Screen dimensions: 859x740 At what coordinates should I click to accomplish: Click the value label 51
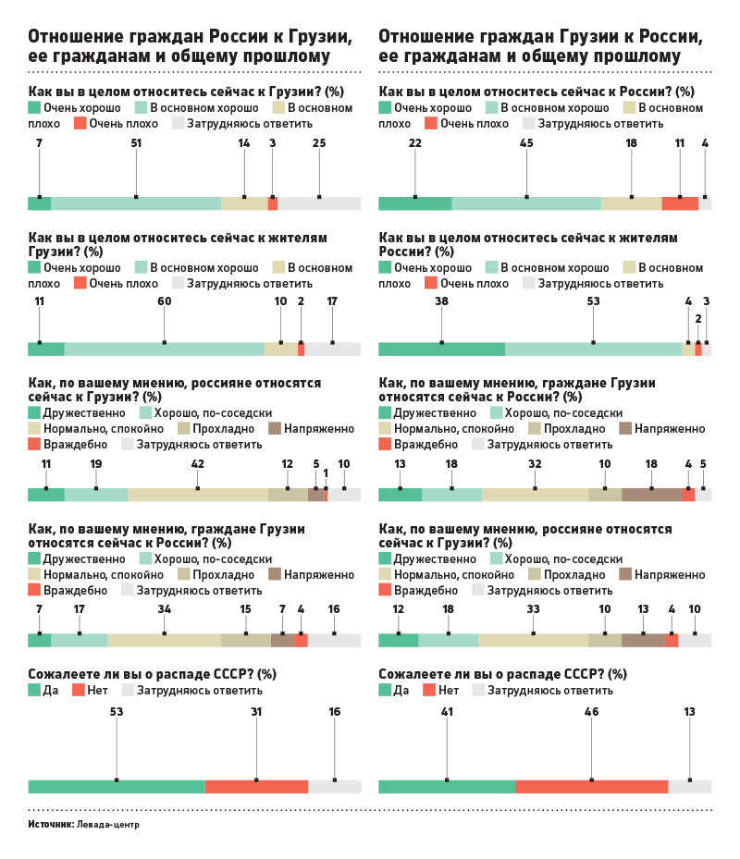pyautogui.click(x=136, y=143)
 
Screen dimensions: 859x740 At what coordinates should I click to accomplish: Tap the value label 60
pyautogui.click(x=165, y=301)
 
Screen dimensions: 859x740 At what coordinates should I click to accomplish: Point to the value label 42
pyautogui.click(x=198, y=463)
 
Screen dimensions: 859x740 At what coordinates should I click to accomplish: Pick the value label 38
pyautogui.click(x=441, y=301)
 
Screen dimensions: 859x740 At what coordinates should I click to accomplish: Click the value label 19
pyautogui.click(x=96, y=463)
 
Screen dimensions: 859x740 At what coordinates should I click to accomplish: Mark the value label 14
pyautogui.click(x=244, y=143)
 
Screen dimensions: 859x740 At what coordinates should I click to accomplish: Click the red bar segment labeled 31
pyautogui.click(x=256, y=787)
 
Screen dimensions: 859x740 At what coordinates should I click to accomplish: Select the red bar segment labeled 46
pyautogui.click(x=592, y=787)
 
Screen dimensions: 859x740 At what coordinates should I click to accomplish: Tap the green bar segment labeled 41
pyautogui.click(x=447, y=787)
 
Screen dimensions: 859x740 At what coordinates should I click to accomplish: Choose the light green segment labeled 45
pyautogui.click(x=526, y=204)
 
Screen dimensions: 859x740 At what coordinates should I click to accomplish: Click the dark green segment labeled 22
pyautogui.click(x=415, y=204)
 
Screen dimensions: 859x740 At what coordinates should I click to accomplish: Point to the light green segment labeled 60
pyautogui.click(x=165, y=349)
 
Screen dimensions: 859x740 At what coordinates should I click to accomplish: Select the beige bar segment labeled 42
pyautogui.click(x=198, y=495)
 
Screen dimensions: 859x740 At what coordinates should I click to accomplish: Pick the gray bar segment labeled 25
pyautogui.click(x=319, y=204)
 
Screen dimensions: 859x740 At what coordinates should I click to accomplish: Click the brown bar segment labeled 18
pyautogui.click(x=651, y=495)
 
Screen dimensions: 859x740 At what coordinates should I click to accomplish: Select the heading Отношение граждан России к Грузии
pyautogui.click(x=190, y=38)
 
